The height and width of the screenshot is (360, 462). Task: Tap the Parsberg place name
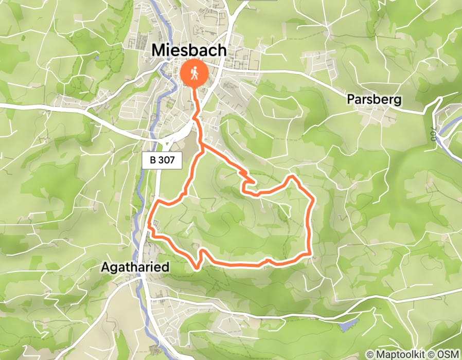(374, 99)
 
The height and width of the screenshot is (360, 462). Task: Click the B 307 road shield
(162, 160)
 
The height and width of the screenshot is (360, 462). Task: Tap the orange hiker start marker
(195, 73)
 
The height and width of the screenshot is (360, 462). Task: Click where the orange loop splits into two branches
(202, 147)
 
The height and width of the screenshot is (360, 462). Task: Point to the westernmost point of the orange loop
(149, 225)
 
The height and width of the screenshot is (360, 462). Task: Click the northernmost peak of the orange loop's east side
(292, 177)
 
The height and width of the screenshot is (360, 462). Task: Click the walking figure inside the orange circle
(195, 73)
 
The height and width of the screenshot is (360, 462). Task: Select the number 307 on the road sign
(167, 160)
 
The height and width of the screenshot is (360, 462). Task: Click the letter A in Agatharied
(105, 268)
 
